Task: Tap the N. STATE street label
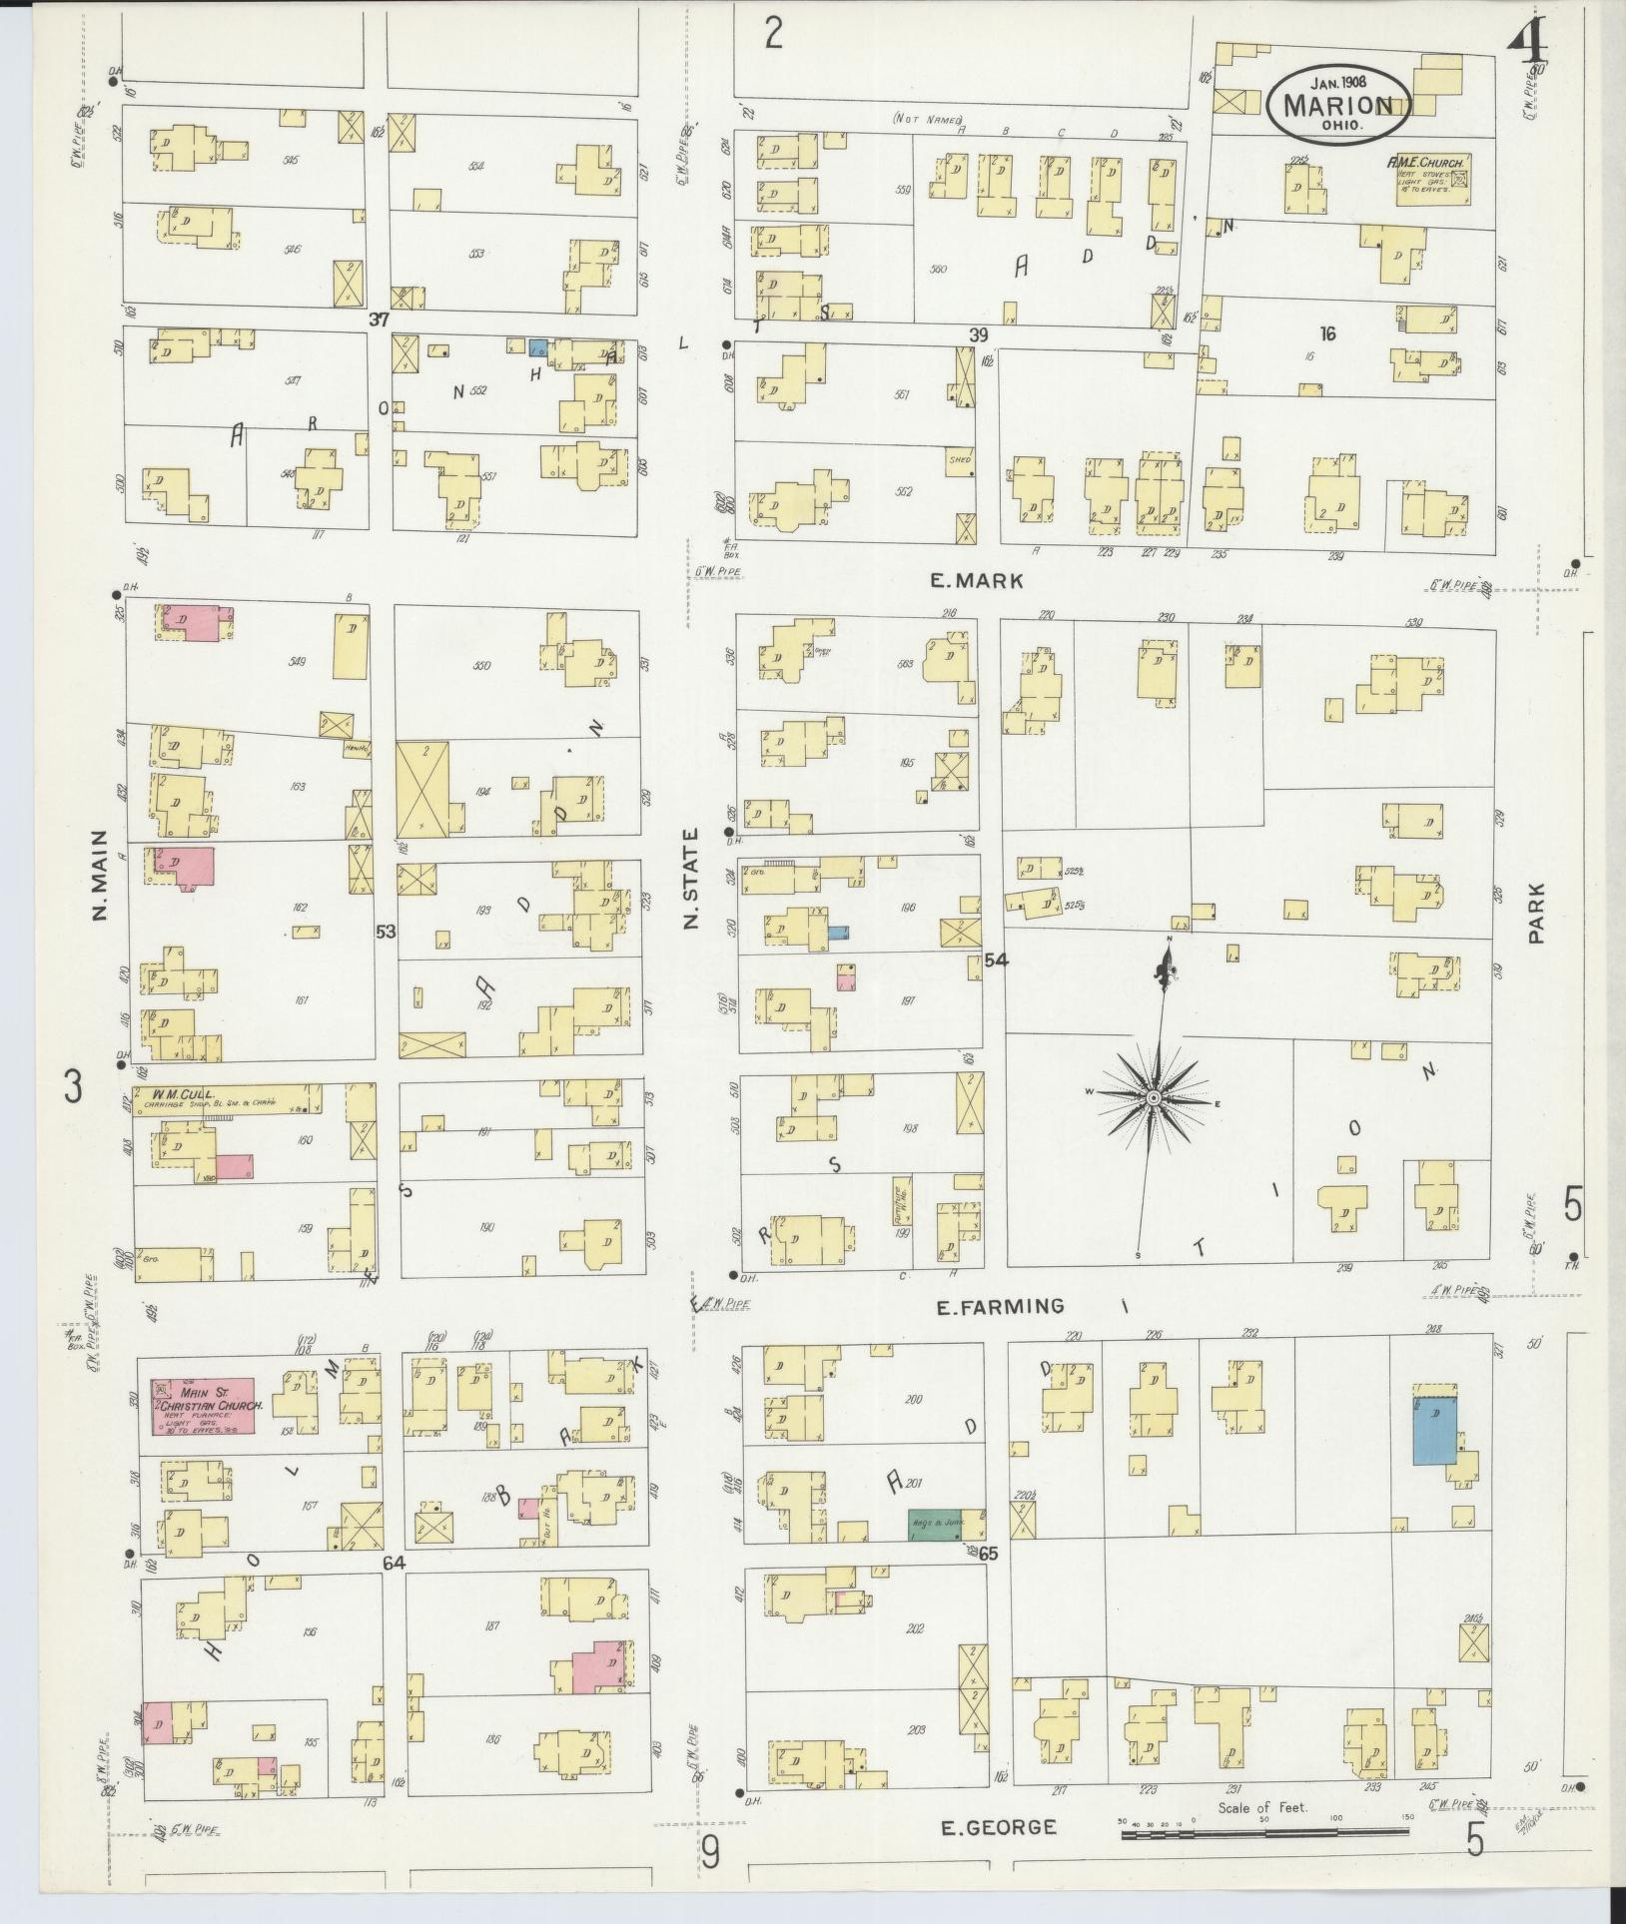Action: point(691,880)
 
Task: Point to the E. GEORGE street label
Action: point(998,1828)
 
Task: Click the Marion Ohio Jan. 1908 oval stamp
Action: point(1338,103)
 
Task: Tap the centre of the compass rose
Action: point(1153,1098)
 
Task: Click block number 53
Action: point(386,932)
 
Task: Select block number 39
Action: point(978,333)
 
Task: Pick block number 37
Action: point(378,321)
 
